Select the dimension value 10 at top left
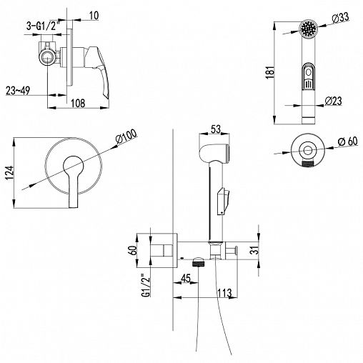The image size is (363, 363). tap(94, 16)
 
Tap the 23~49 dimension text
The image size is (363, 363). tap(18, 91)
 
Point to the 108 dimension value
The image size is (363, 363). tap(78, 104)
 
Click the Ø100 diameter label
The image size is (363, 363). tap(126, 136)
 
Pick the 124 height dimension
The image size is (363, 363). tap(10, 173)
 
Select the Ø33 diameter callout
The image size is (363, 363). tap(340, 18)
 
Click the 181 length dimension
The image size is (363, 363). tap(270, 72)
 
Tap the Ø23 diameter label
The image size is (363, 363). tap(333, 101)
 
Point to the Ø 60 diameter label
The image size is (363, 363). tap(348, 141)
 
